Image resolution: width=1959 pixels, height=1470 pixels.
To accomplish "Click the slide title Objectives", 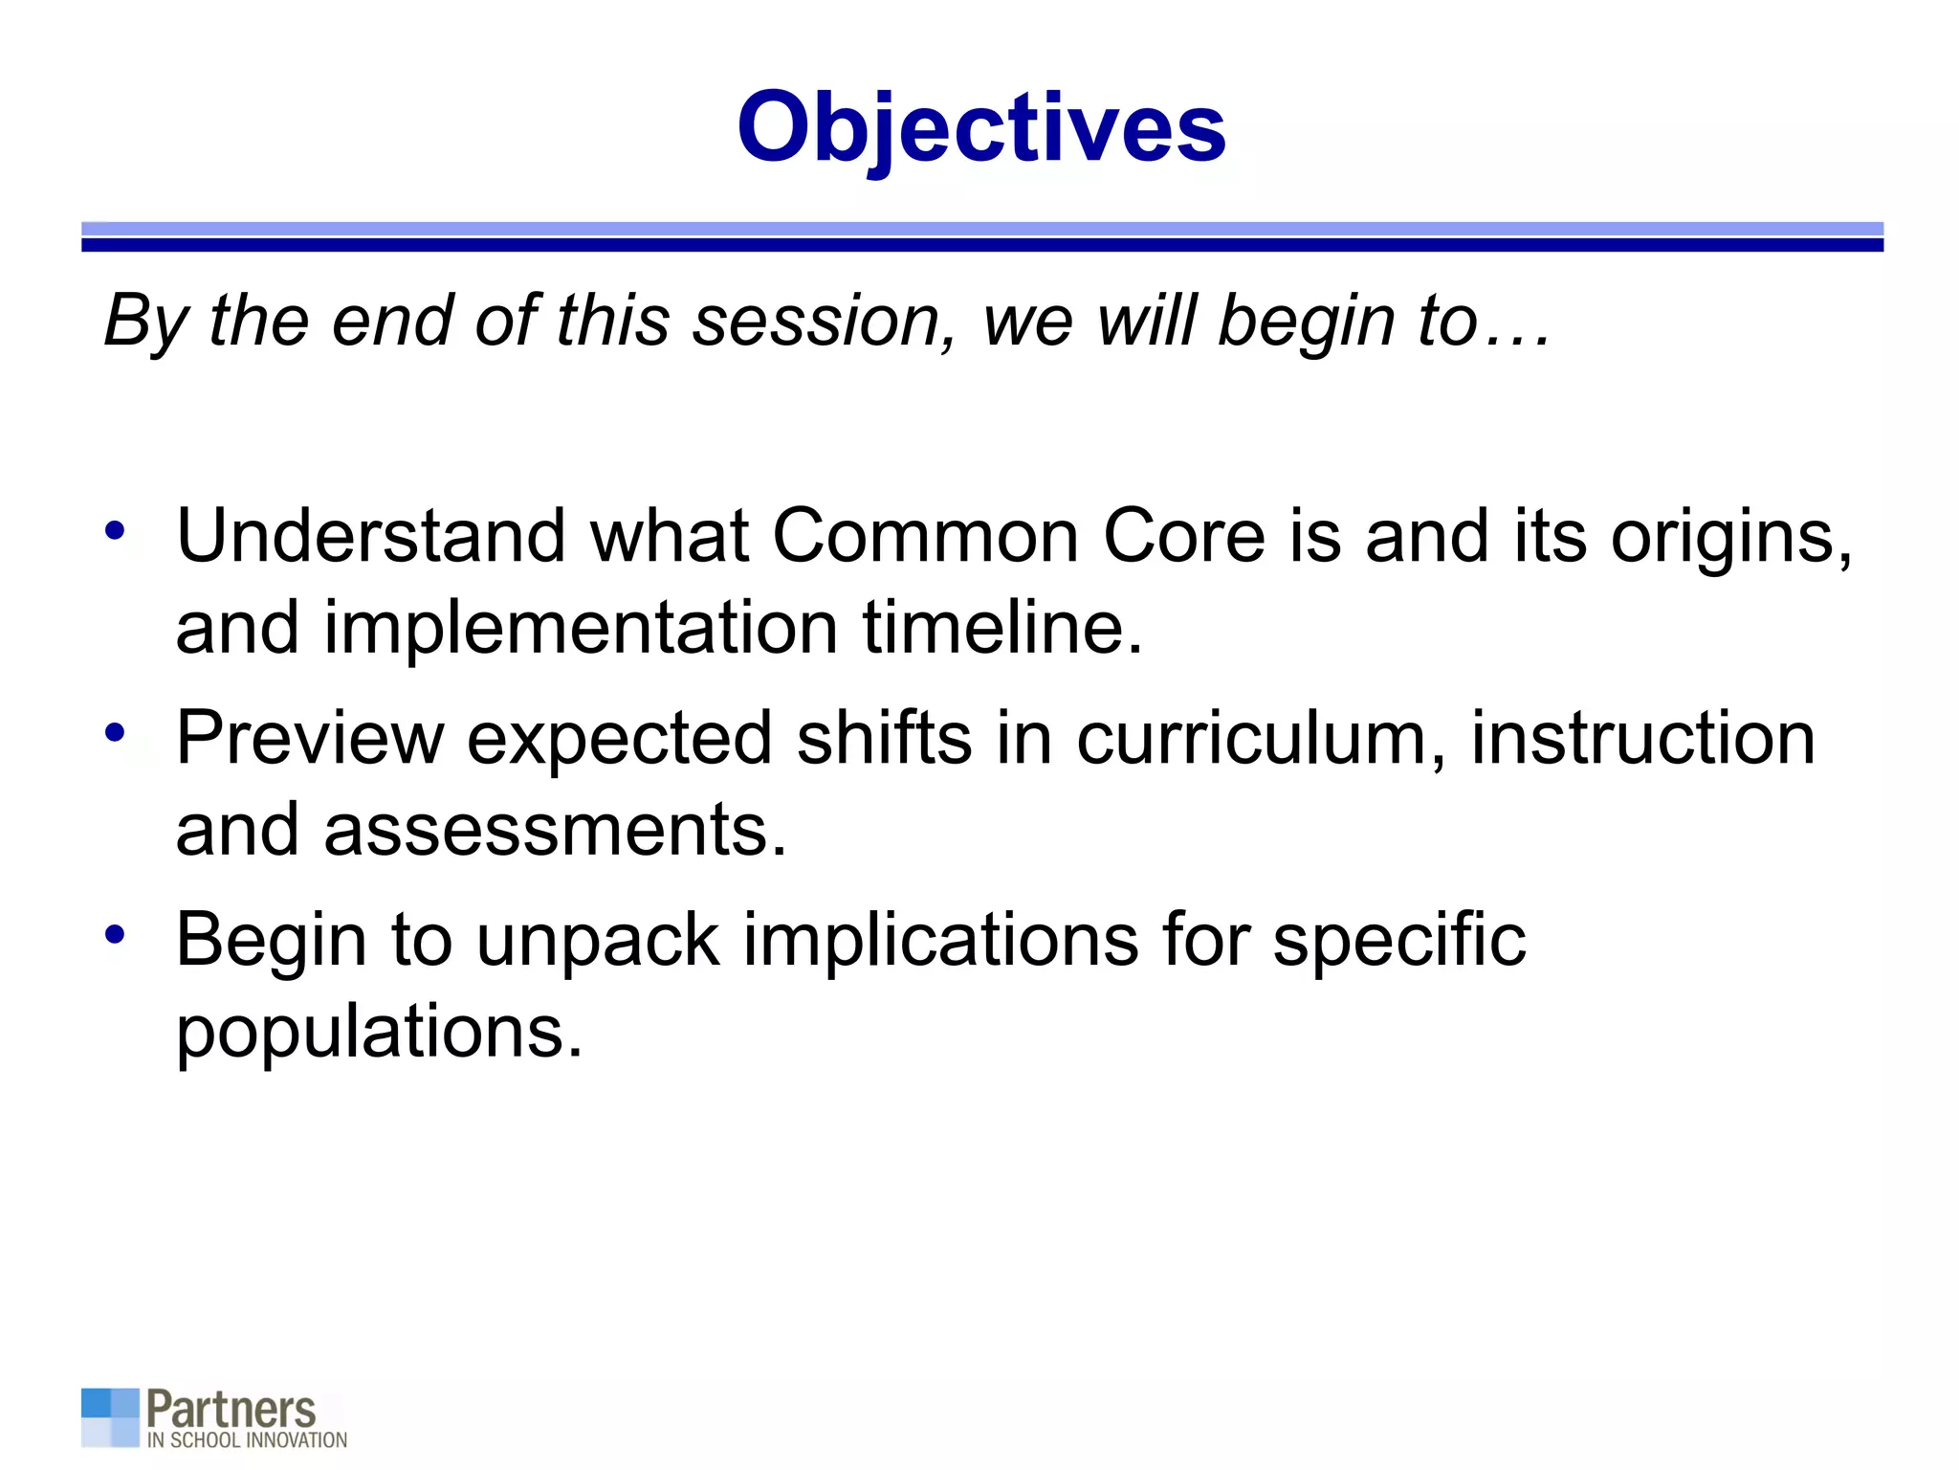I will [x=980, y=127].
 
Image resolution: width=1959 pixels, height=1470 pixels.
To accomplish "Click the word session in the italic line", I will [x=824, y=321].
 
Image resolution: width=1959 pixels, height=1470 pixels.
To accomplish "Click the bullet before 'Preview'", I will [x=115, y=733].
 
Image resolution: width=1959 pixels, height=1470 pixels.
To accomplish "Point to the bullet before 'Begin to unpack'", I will [x=115, y=935].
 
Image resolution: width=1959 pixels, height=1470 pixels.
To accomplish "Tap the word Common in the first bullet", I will [x=925, y=536].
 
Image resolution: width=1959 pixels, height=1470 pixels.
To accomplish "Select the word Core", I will [x=1184, y=536].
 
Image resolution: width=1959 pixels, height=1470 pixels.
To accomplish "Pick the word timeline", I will [x=1002, y=628].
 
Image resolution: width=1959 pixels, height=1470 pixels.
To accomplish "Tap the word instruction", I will [x=1642, y=739].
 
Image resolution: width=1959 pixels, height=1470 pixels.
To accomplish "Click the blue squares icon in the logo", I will [x=110, y=1417].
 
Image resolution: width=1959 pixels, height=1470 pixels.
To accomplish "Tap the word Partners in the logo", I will [x=231, y=1410].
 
